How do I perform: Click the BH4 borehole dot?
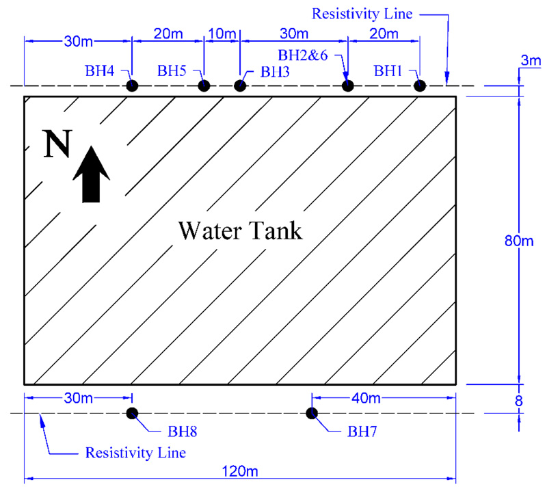point(132,85)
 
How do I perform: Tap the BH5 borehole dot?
point(203,85)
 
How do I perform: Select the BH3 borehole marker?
point(239,85)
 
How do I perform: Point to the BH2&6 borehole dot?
point(347,85)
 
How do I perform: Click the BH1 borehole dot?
point(419,85)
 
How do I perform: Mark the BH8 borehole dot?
point(132,412)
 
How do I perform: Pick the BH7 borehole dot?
point(312,412)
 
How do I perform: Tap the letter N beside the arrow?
point(57,144)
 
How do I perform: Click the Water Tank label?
point(240,230)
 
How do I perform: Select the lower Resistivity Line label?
point(135,453)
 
